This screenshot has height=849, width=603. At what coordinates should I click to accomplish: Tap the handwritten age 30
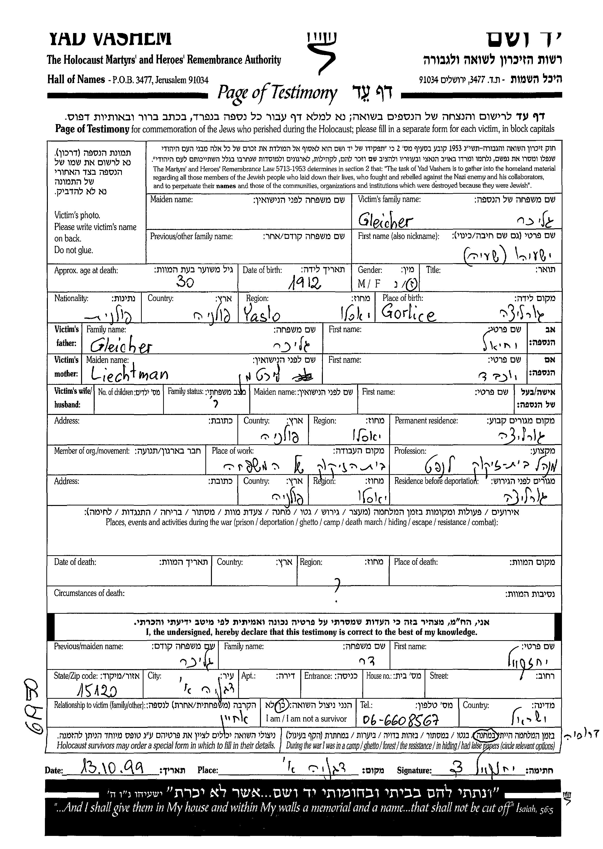(x=185, y=283)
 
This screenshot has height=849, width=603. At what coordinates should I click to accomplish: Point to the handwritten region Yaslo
(x=262, y=315)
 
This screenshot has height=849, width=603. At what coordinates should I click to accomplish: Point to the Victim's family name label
(x=389, y=199)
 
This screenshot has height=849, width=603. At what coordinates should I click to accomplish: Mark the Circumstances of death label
(x=89, y=593)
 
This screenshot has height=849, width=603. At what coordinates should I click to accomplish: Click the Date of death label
(x=75, y=562)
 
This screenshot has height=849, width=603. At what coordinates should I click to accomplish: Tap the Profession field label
(x=410, y=451)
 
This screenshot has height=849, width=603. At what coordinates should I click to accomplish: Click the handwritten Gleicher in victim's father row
(x=121, y=346)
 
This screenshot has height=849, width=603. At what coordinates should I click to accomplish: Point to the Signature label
(x=414, y=770)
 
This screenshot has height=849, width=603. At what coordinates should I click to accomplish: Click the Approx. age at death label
(x=86, y=270)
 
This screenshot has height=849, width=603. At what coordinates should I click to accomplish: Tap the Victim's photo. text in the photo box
(x=77, y=215)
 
